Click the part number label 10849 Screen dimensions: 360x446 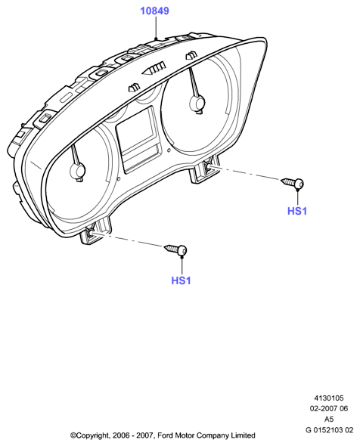tap(155, 11)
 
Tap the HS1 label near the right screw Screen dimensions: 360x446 tap(297, 211)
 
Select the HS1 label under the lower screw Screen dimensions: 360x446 tap(181, 280)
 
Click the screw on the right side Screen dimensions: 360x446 tap(292, 183)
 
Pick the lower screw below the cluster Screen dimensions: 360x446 tap(175, 250)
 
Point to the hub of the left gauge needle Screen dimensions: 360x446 tap(77, 171)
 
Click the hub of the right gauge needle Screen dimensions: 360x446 tap(197, 103)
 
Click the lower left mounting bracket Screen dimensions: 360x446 tap(95, 230)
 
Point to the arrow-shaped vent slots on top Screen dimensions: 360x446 tap(154, 69)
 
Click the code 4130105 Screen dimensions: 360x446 tap(329, 398)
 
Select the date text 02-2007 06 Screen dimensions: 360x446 tap(329, 408)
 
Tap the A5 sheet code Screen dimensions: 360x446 tap(329, 419)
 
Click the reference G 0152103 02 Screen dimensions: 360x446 tap(329, 430)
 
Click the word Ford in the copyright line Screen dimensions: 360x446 tap(165, 435)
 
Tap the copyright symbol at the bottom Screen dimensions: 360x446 tap(73, 435)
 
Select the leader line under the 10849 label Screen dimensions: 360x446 tap(156, 27)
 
